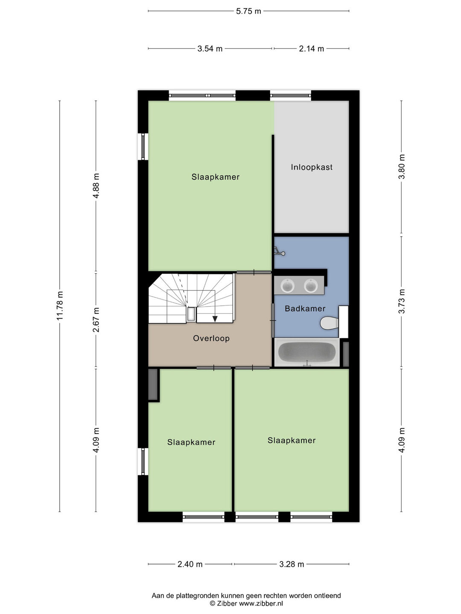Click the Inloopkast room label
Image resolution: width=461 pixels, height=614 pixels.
[x=312, y=167]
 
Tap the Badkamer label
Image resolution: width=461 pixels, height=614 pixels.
[x=305, y=309]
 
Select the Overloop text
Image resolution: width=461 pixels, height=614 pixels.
[x=211, y=339]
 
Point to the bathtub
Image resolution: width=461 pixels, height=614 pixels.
[x=307, y=352]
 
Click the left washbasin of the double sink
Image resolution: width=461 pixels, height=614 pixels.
[x=287, y=286]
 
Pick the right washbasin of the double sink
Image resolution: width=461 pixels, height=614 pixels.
[x=311, y=286]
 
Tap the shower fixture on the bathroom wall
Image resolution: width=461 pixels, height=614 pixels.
[x=280, y=252]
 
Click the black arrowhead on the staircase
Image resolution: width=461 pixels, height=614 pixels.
[x=215, y=319]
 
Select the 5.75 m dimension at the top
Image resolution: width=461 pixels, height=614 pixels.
[x=248, y=11]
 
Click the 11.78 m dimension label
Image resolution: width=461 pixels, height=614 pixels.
[x=60, y=306]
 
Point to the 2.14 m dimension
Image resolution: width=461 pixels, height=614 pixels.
[x=312, y=49]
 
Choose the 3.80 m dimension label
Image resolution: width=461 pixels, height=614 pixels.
[x=402, y=166]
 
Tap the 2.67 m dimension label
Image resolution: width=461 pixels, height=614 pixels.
[x=96, y=320]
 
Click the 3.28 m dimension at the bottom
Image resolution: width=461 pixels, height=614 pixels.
[x=292, y=565]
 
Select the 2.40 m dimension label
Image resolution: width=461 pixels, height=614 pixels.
[x=190, y=565]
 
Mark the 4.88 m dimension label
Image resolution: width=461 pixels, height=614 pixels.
[x=96, y=186]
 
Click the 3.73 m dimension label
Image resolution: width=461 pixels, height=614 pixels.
[x=402, y=301]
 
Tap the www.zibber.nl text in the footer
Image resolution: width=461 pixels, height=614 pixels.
[x=261, y=604]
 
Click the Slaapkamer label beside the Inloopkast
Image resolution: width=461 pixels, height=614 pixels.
[x=216, y=177]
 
